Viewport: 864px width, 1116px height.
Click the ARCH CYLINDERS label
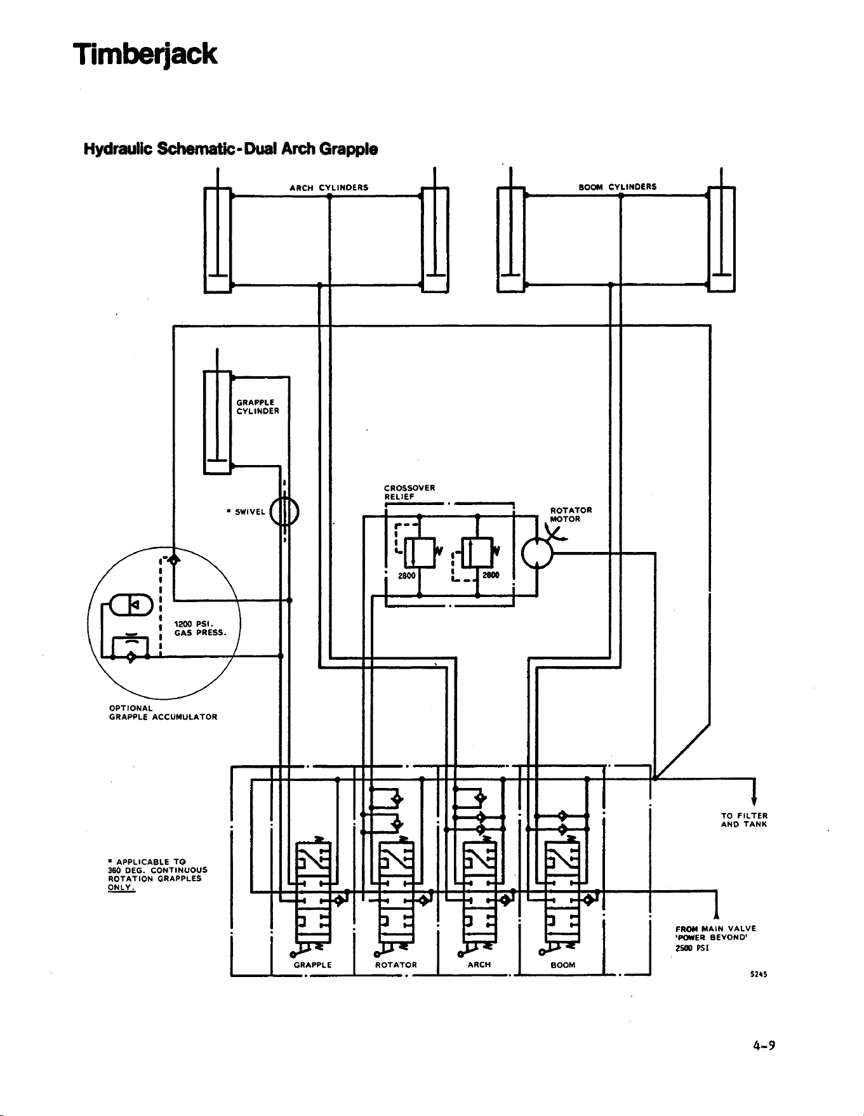(329, 188)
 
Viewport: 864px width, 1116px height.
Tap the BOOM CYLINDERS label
(618, 187)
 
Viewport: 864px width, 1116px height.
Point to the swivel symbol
(284, 511)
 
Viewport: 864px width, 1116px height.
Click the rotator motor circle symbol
(537, 554)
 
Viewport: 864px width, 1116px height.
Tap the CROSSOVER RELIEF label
(409, 492)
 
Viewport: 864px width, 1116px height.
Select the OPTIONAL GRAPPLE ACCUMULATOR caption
(163, 712)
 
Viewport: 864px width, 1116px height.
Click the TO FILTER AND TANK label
(745, 820)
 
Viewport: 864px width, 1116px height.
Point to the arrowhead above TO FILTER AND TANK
(754, 800)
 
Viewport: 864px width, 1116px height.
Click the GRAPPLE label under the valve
(313, 965)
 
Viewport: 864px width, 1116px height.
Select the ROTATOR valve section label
(396, 965)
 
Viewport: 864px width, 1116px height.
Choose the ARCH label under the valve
(479, 964)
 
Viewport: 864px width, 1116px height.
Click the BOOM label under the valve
(563, 965)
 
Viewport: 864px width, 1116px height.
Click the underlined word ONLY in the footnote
(121, 888)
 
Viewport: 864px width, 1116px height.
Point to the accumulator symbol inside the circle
(131, 604)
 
